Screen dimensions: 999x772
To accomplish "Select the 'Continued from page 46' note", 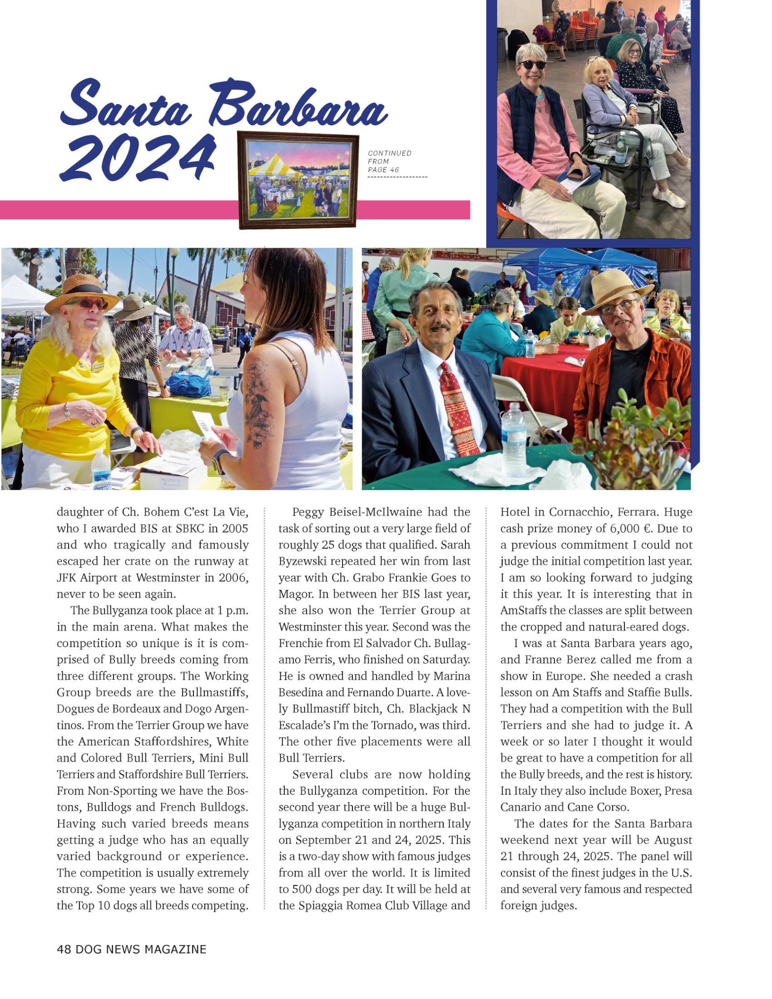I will (x=389, y=161).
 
